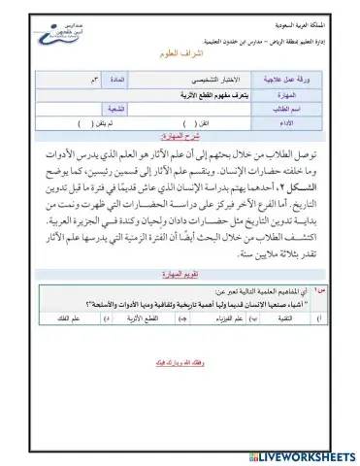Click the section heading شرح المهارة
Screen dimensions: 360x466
click(180, 138)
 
